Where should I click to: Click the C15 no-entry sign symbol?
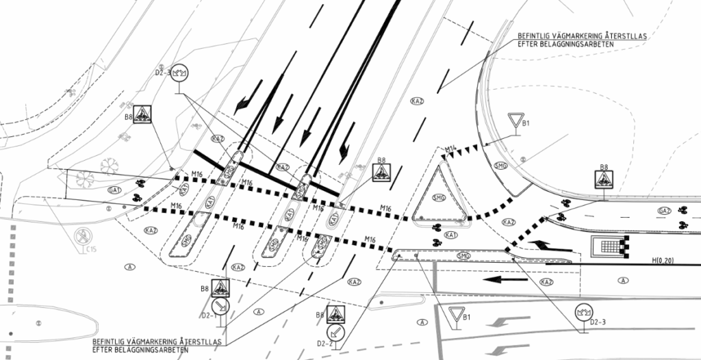pos(81,237)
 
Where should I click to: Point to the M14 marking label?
pos(450,149)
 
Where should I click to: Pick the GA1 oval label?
pos(114,189)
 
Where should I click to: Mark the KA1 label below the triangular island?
pos(450,235)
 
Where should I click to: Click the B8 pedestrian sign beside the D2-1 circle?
pos(220,287)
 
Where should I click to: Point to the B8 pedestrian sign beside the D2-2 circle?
pos(336,314)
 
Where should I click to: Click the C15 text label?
pos(90,250)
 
